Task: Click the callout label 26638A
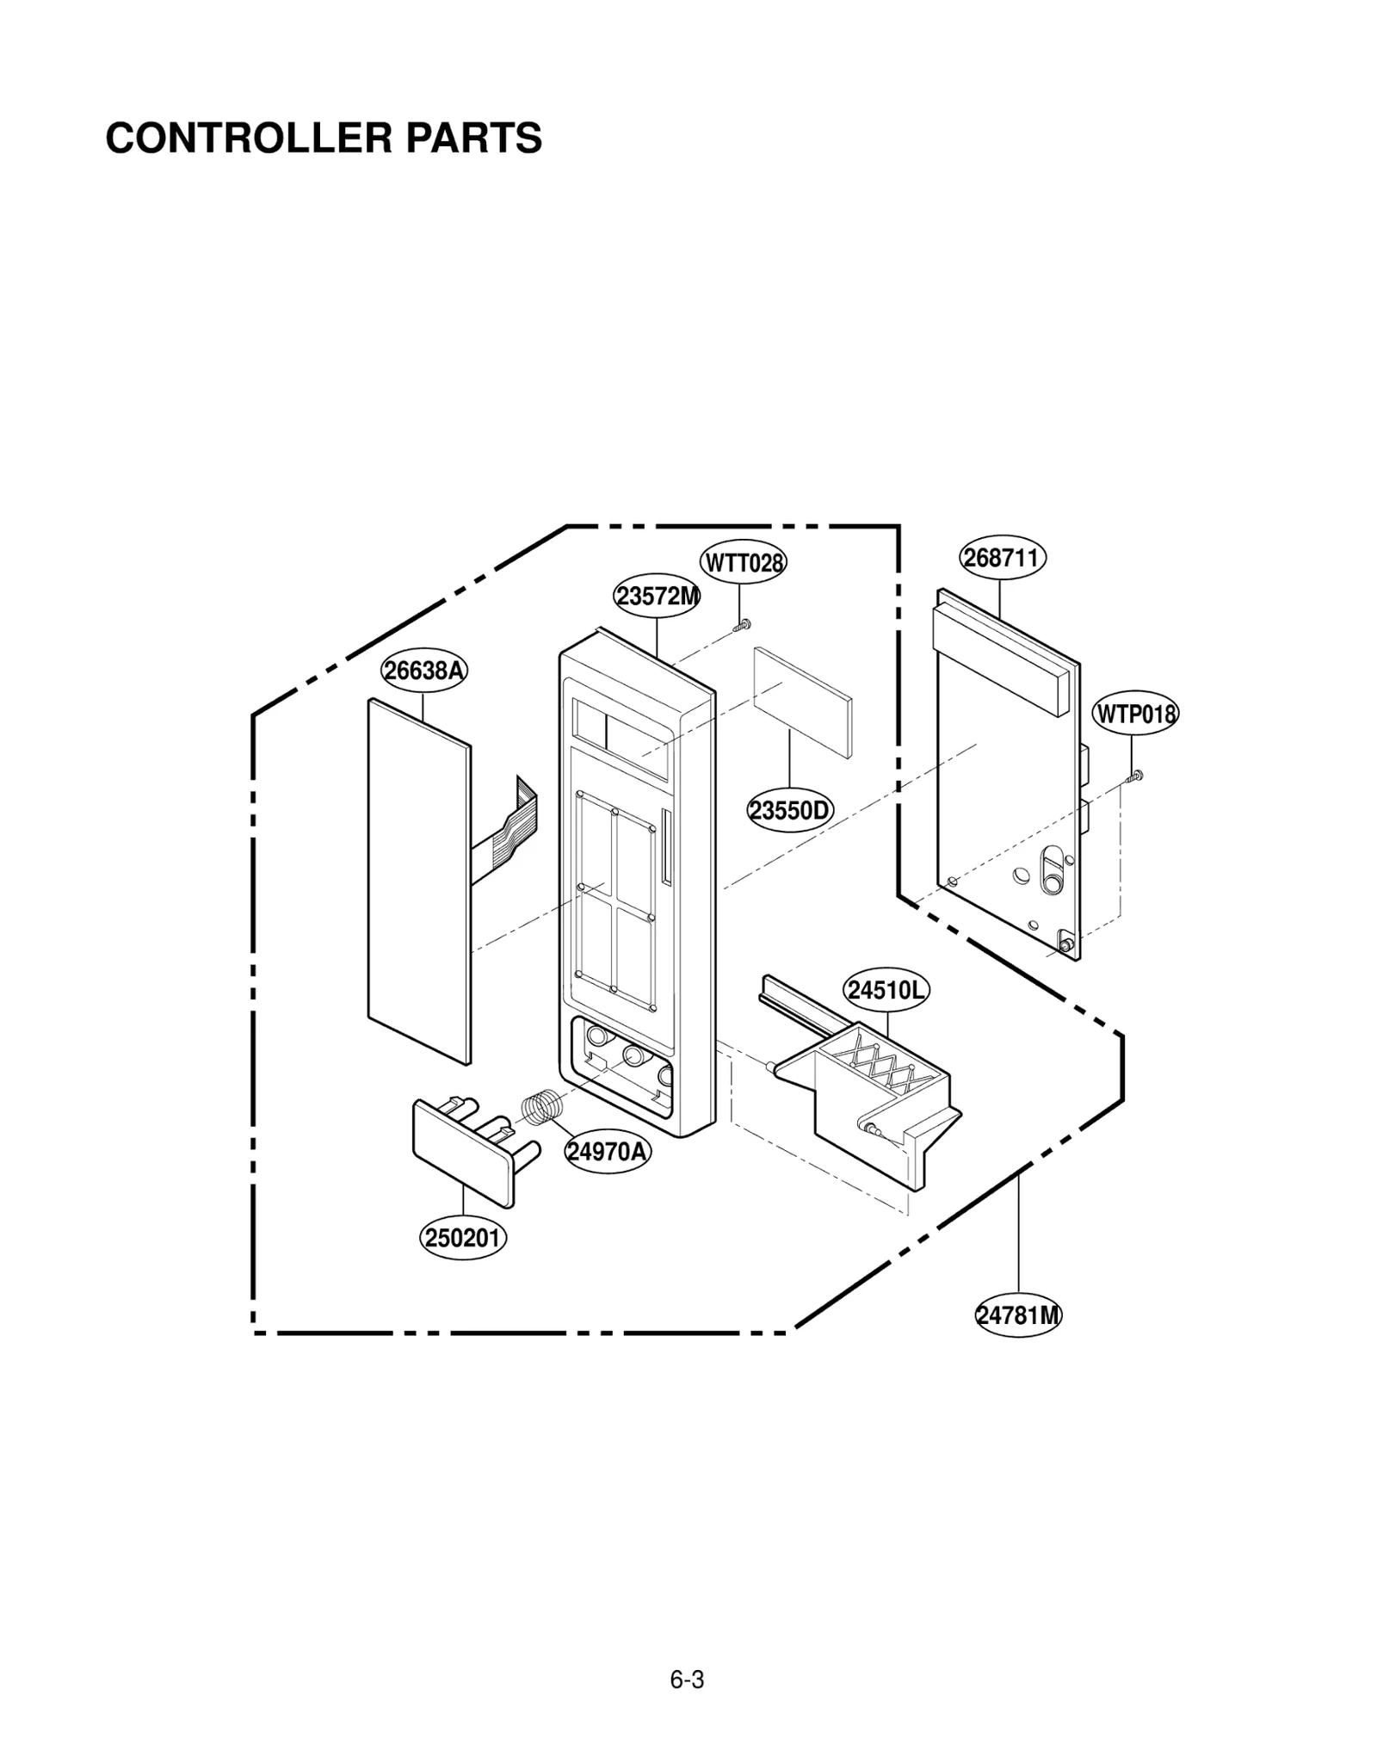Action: tap(423, 671)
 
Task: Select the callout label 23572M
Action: tap(657, 596)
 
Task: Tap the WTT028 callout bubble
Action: tap(743, 563)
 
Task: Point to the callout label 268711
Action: tap(1002, 558)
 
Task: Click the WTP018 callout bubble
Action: tap(1135, 714)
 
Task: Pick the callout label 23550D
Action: tap(789, 811)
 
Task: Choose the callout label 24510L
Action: tap(886, 991)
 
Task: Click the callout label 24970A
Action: tap(608, 1151)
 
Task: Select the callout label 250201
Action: tap(463, 1238)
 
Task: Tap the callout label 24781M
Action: tap(1018, 1315)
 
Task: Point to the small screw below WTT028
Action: tap(743, 625)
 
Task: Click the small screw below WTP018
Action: tap(1135, 776)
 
